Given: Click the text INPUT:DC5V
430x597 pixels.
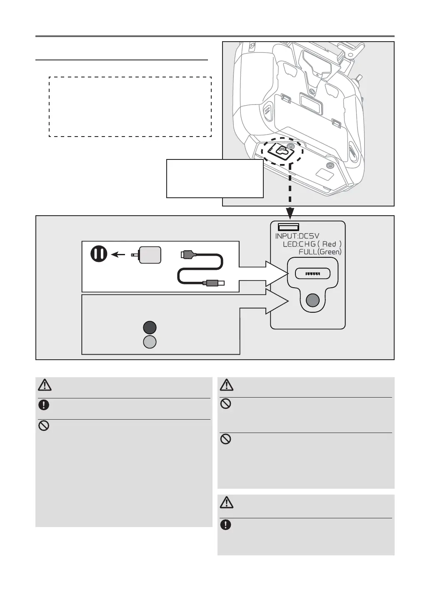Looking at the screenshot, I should [297, 236].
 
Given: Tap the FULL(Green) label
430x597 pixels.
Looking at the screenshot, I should [320, 252].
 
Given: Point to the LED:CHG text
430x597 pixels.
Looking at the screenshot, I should [299, 244].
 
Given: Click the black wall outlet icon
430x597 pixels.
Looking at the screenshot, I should [99, 254].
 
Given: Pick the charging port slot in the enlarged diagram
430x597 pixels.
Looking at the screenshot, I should [312, 274].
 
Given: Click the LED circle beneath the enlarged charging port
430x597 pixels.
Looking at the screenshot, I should [312, 300].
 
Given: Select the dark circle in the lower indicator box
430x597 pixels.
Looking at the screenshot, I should [150, 328].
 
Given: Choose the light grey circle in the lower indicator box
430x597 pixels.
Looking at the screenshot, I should [150, 342].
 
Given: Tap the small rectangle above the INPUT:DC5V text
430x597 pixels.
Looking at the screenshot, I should [289, 227].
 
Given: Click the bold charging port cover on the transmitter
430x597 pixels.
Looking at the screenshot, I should [279, 152].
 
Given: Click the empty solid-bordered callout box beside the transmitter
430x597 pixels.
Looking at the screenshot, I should [215, 178].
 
